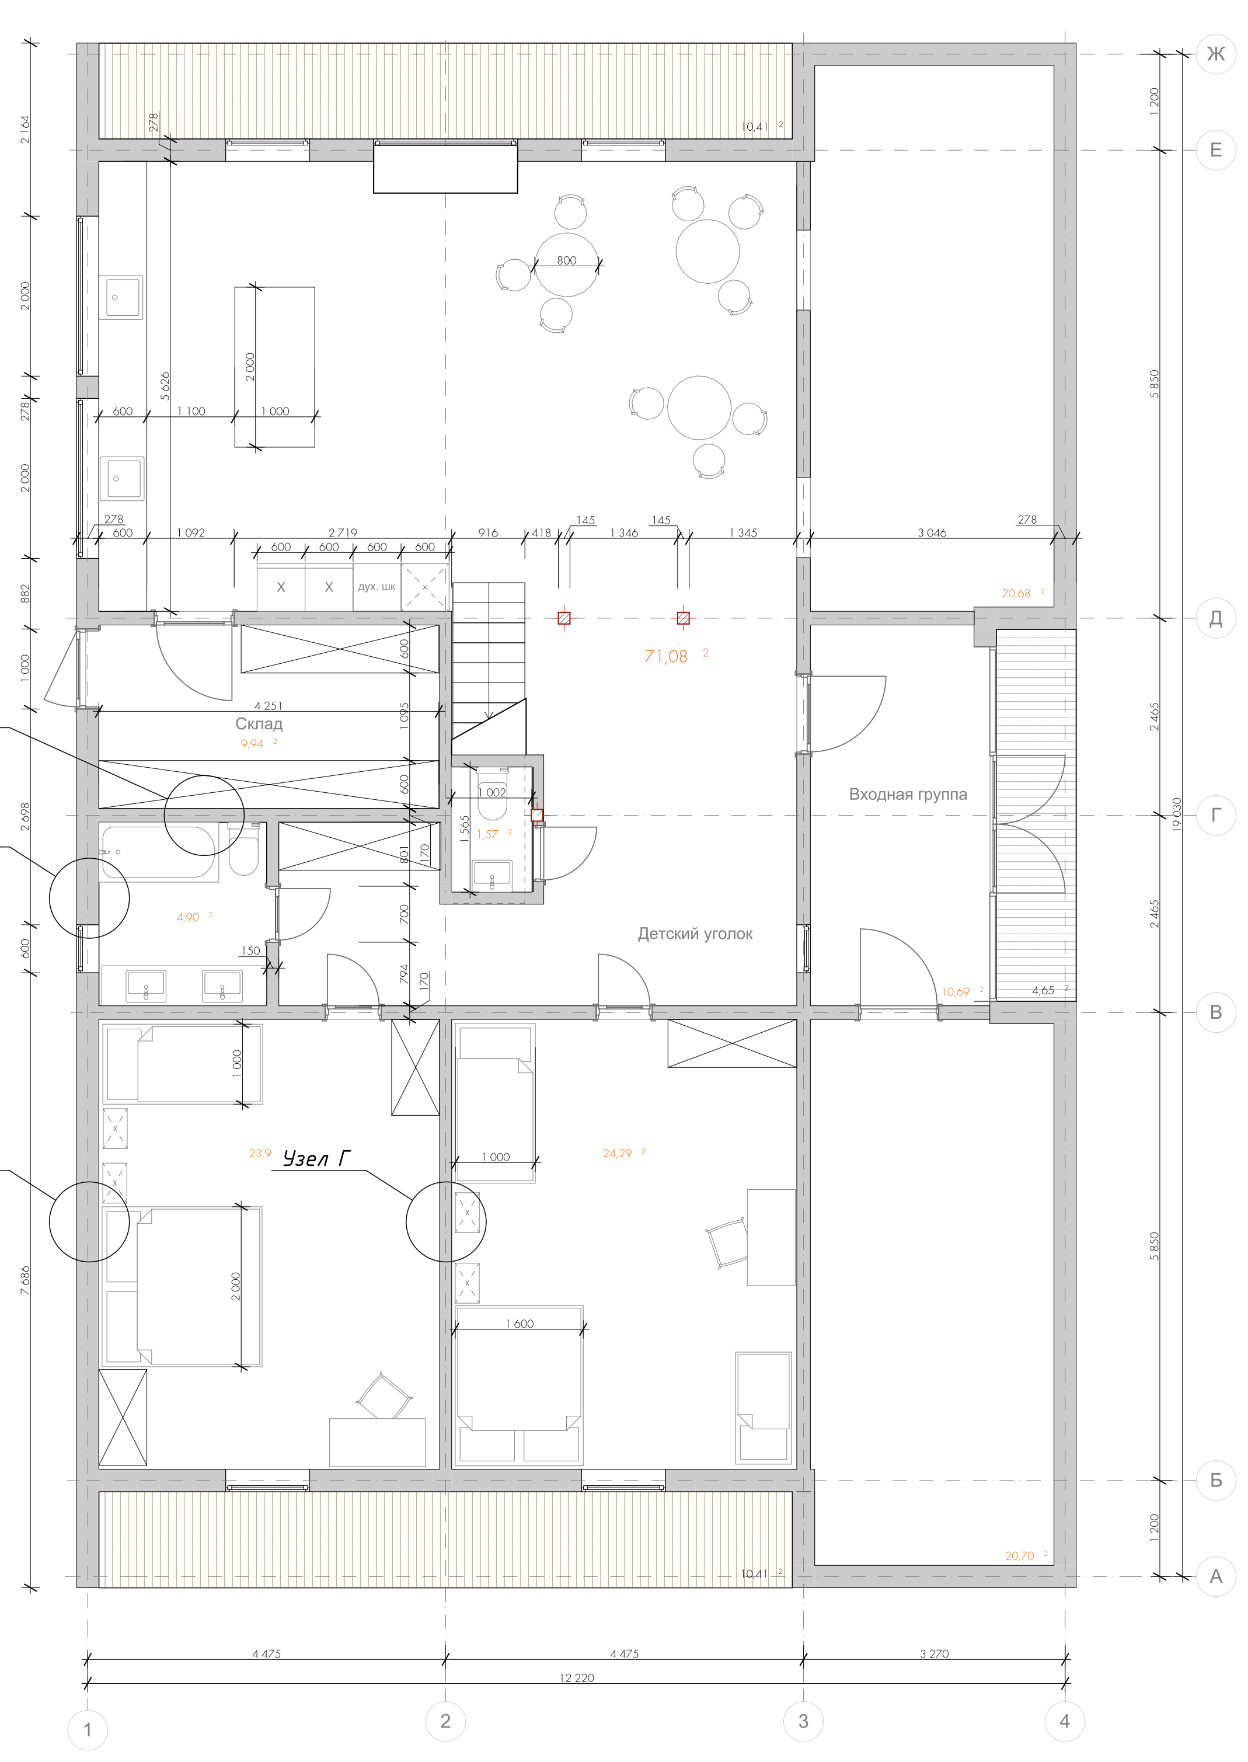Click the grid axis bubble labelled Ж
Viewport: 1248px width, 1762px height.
click(x=1216, y=54)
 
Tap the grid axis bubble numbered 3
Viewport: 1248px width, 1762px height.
click(x=803, y=1721)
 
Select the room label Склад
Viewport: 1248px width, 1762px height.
click(x=259, y=724)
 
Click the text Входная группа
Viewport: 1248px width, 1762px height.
click(x=908, y=795)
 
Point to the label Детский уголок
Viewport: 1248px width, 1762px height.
click(x=695, y=934)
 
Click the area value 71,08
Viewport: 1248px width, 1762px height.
click(x=665, y=656)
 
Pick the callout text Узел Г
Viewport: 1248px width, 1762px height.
click(x=316, y=1158)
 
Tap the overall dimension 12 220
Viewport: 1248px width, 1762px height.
click(x=576, y=1677)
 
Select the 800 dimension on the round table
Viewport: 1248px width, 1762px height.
click(x=566, y=260)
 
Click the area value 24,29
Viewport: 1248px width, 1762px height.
click(x=617, y=1152)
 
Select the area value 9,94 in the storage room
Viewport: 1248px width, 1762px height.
click(x=251, y=744)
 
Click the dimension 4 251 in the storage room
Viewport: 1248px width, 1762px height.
click(x=268, y=705)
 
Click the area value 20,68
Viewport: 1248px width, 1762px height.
click(x=1016, y=593)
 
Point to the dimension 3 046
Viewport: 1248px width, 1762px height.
click(x=932, y=532)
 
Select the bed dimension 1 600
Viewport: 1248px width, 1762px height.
click(x=520, y=1323)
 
